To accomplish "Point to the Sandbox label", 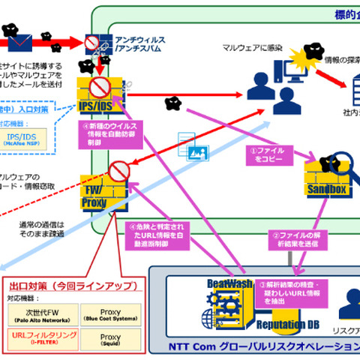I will click(x=326, y=190).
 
